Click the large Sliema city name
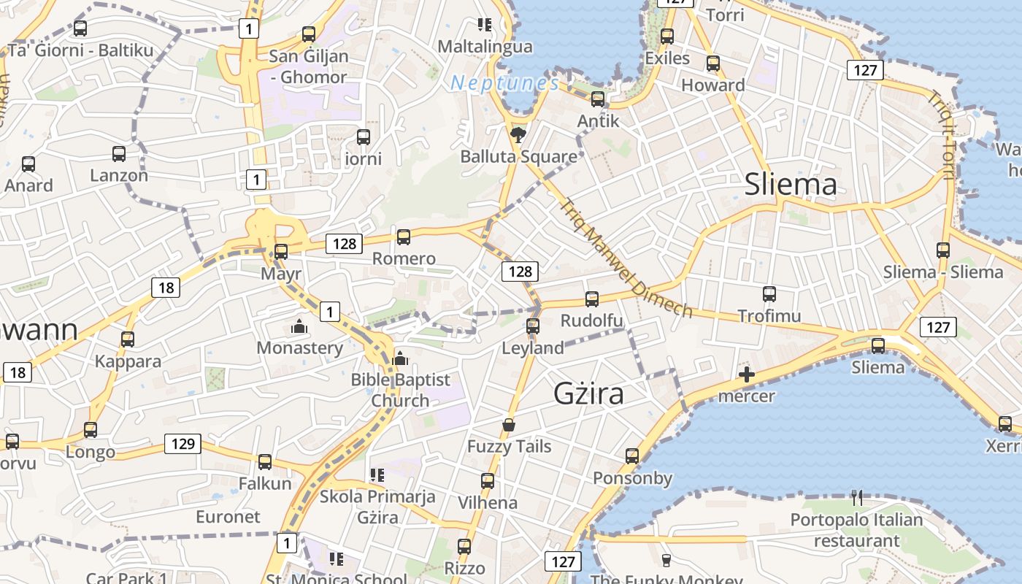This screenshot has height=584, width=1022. [791, 184]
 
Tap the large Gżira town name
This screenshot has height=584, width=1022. [588, 394]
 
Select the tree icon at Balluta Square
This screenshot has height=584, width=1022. [518, 134]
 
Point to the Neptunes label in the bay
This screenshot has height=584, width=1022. [505, 83]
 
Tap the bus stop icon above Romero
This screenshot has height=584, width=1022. [403, 237]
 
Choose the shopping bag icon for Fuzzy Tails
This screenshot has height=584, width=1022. [509, 425]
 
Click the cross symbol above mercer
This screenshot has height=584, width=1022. [746, 375]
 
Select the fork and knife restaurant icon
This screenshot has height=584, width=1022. [857, 498]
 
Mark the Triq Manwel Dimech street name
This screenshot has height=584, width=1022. [626, 258]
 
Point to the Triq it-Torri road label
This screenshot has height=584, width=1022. [941, 134]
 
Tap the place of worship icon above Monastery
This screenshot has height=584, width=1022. [299, 326]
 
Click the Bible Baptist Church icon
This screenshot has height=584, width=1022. [399, 358]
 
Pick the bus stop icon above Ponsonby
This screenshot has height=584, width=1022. [632, 456]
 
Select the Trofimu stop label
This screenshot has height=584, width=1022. [769, 316]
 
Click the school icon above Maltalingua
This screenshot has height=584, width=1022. [484, 25]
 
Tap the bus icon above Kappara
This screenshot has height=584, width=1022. [128, 339]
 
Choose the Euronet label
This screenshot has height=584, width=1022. [228, 517]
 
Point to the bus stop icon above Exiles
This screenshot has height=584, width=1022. [666, 36]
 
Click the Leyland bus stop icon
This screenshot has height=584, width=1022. [533, 326]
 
